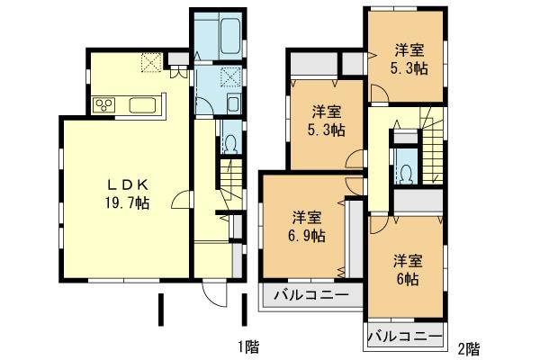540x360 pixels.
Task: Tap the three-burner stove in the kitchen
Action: point(104,105)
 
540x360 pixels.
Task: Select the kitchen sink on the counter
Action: point(143,105)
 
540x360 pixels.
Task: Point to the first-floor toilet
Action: point(229,143)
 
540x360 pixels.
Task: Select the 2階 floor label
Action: point(467,347)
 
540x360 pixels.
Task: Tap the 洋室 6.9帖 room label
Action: point(307,226)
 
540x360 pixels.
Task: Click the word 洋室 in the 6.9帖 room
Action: point(307,217)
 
